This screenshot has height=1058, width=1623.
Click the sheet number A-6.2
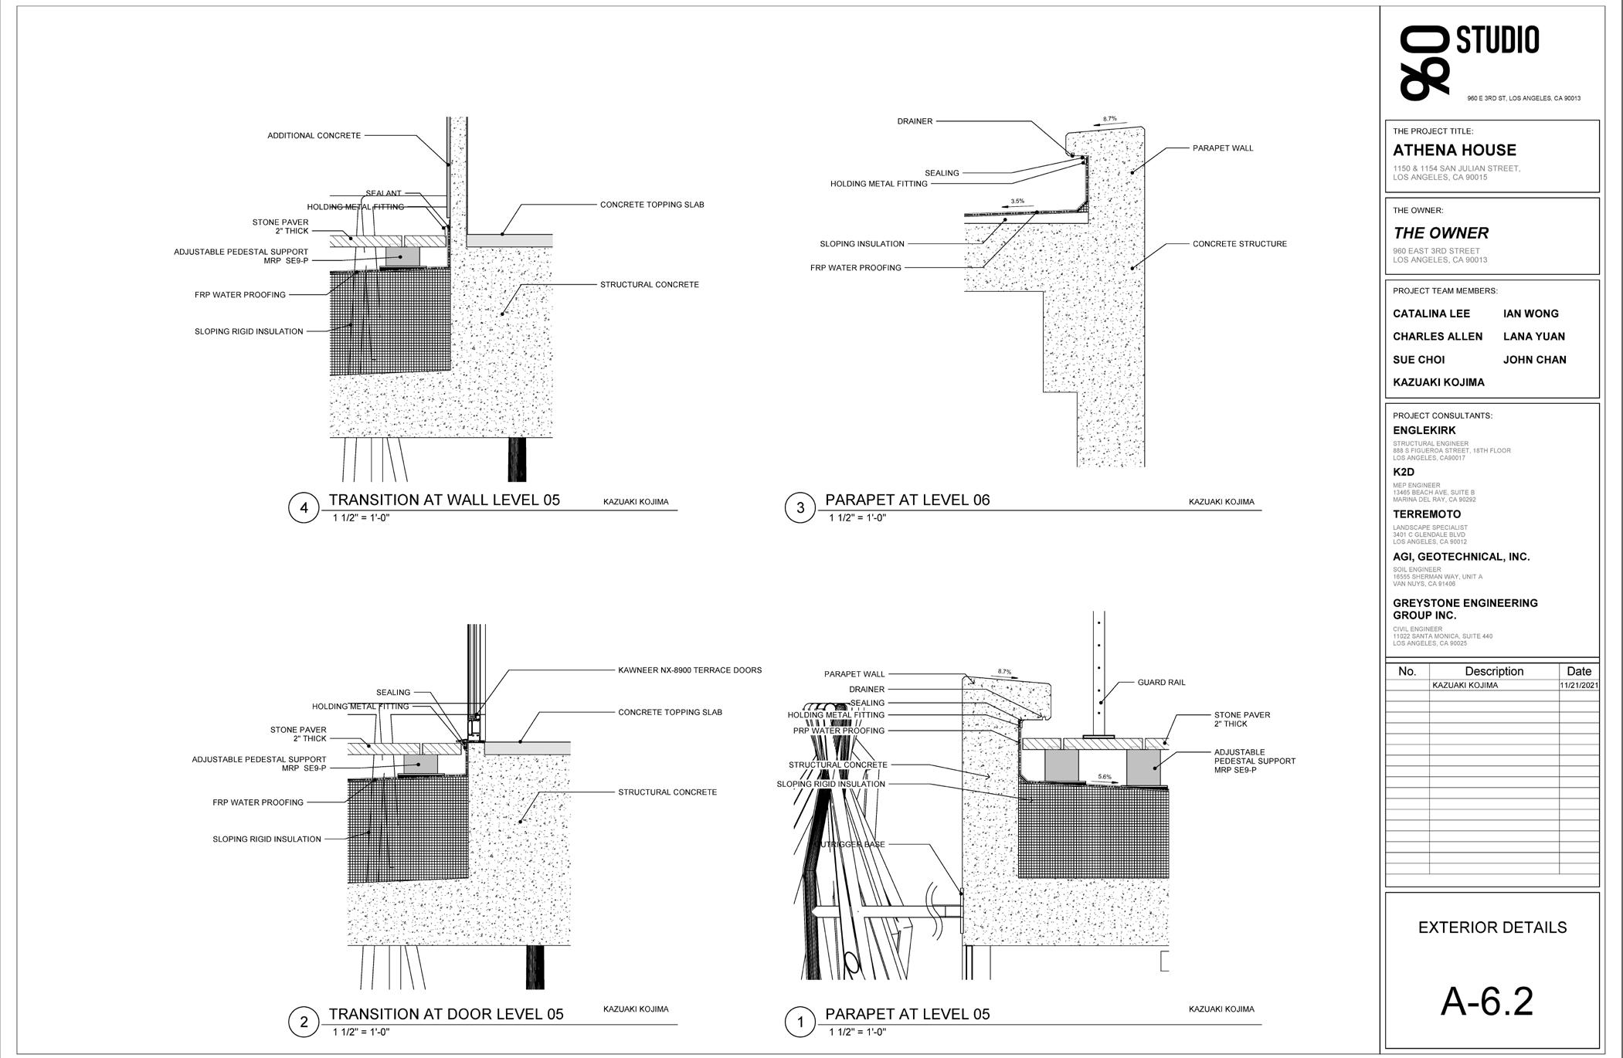tap(1487, 1002)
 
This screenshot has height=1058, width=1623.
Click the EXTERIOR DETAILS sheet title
tap(1492, 927)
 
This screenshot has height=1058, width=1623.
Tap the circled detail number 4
tap(304, 507)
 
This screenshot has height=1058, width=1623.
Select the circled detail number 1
tap(800, 1022)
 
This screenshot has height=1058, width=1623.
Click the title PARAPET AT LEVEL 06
tap(907, 500)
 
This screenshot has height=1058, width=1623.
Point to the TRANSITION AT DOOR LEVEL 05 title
tap(446, 1014)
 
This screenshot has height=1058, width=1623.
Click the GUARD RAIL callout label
tap(1161, 683)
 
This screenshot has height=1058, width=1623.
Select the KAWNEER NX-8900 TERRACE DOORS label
tap(690, 670)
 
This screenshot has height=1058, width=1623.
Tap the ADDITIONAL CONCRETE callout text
tap(314, 136)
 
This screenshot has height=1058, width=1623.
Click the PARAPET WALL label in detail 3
tap(1223, 148)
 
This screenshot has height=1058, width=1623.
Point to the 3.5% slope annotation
tap(1017, 202)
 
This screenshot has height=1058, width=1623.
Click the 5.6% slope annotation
tap(1105, 777)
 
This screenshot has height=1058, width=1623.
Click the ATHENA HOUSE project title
tap(1454, 151)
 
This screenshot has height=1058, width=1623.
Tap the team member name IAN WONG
tap(1530, 314)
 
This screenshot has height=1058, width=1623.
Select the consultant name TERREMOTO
tap(1426, 514)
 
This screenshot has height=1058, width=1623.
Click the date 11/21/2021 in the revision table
tap(1578, 685)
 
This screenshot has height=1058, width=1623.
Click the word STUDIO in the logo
tap(1497, 40)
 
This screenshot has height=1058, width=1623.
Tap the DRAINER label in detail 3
tap(915, 121)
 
